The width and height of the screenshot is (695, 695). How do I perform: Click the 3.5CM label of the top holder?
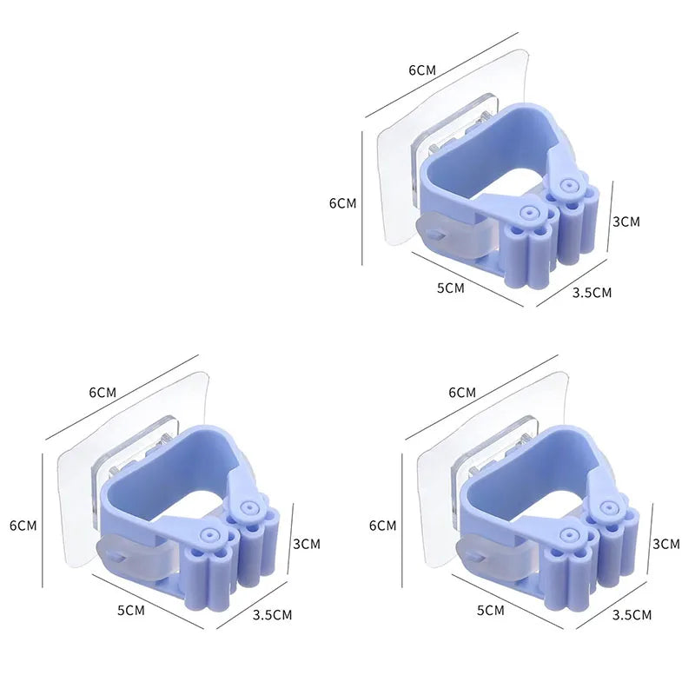(592, 293)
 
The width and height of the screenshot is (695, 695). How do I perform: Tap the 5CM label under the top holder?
(450, 288)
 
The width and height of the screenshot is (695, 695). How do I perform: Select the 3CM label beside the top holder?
(626, 222)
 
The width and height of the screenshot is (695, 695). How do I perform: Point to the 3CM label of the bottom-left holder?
(307, 544)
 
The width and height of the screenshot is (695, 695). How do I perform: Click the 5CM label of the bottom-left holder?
(131, 611)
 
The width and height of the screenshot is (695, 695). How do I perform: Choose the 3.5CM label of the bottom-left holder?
(272, 615)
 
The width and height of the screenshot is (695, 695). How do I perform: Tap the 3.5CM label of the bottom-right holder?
(632, 615)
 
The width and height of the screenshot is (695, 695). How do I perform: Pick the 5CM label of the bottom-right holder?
(491, 611)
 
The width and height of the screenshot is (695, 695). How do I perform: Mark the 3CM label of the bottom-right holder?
(666, 544)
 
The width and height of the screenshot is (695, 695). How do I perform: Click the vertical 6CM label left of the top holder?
(342, 203)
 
